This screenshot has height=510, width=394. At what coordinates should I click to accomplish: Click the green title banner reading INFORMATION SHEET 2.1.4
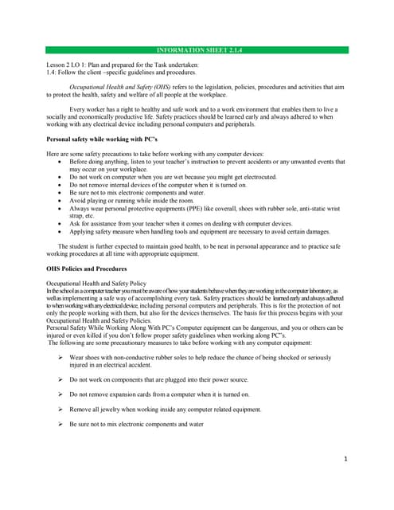197,50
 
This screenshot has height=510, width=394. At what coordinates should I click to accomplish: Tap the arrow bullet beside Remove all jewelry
60,409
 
